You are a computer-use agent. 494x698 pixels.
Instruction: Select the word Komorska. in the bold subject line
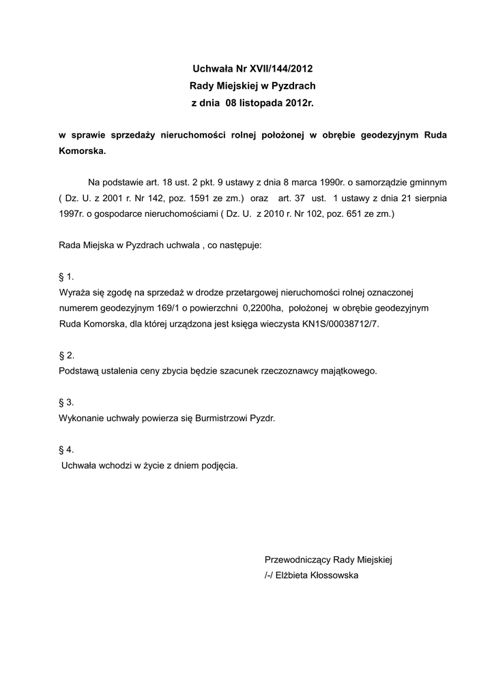point(83,152)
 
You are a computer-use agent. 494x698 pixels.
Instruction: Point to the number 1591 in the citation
point(176,198)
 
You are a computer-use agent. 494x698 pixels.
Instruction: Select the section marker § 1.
point(66,277)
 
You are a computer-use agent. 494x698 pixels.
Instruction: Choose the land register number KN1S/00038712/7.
point(340,324)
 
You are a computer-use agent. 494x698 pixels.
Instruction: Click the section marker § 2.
point(66,355)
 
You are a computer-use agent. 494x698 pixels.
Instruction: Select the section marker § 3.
point(66,402)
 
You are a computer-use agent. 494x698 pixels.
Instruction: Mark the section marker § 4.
point(66,449)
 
